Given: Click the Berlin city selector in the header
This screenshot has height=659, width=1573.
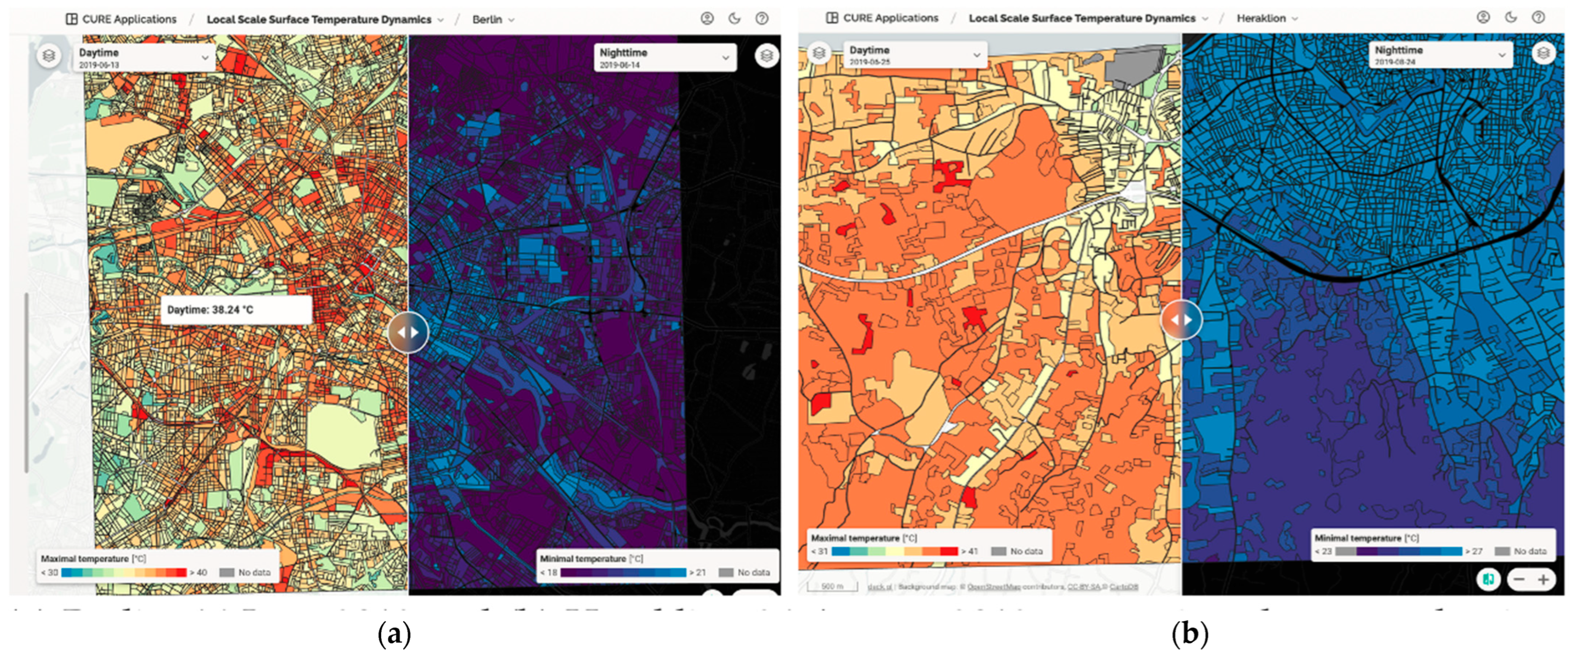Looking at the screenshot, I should pos(492,19).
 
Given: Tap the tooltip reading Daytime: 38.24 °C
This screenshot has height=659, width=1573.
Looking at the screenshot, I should pos(236,309).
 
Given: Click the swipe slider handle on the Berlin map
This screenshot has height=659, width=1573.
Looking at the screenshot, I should pos(408,332).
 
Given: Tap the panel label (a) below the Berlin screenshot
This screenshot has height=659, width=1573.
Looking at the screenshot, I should pos(395,635).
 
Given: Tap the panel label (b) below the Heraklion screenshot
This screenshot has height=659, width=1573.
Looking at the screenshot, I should pos(1189,635).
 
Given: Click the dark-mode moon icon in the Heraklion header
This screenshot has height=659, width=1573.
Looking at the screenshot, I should pos(1511,17).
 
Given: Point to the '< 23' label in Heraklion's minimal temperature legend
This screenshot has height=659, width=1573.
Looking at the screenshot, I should pos(1324,551).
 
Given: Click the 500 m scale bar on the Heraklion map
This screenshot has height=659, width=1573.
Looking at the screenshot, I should pos(832,586).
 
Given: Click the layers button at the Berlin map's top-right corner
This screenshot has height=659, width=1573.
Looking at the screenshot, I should pos(766,56).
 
